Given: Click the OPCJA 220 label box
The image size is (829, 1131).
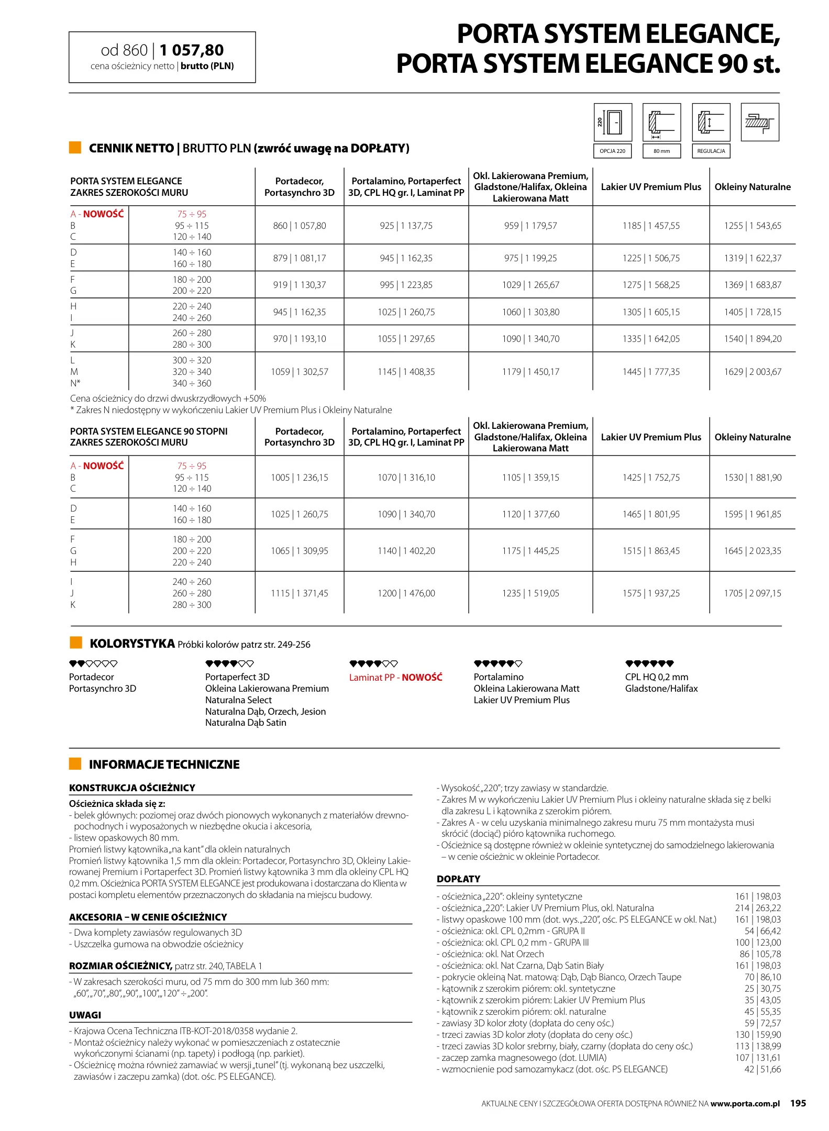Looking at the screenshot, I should tap(612, 151).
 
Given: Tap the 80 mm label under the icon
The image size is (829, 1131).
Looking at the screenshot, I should tap(661, 151).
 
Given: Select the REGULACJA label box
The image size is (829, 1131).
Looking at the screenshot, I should tap(711, 151).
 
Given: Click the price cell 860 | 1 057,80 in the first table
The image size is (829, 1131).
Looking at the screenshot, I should tap(299, 226).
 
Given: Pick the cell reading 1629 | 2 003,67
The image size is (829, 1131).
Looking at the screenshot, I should tap(752, 372).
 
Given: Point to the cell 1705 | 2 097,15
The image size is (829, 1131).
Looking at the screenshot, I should tap(752, 593).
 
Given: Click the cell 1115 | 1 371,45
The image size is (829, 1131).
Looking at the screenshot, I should tap(299, 593).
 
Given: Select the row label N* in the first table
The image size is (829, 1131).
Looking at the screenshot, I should tap(75, 383).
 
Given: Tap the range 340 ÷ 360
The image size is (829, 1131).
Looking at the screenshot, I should tap(192, 383).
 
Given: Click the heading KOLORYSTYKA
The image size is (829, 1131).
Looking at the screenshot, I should tap(132, 644).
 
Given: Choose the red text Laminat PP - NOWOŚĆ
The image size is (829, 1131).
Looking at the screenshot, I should tap(395, 677).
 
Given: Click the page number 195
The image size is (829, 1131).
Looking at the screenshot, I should tap(798, 1103).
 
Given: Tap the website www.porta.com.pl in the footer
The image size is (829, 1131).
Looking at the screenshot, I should tap(745, 1104).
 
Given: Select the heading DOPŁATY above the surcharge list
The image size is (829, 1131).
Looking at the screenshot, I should tap(458, 879).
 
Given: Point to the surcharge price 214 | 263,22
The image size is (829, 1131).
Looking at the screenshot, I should tap(757, 908).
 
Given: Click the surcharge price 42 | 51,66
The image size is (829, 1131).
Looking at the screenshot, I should tap(762, 1069).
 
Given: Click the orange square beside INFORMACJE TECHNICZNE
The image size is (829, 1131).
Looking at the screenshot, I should tap(75, 764).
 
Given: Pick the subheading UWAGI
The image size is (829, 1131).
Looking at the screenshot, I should tap(85, 1015).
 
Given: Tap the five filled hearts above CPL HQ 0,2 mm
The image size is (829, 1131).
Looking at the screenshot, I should tap(649, 663).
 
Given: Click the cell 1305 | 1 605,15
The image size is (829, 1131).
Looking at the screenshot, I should tap(650, 312).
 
